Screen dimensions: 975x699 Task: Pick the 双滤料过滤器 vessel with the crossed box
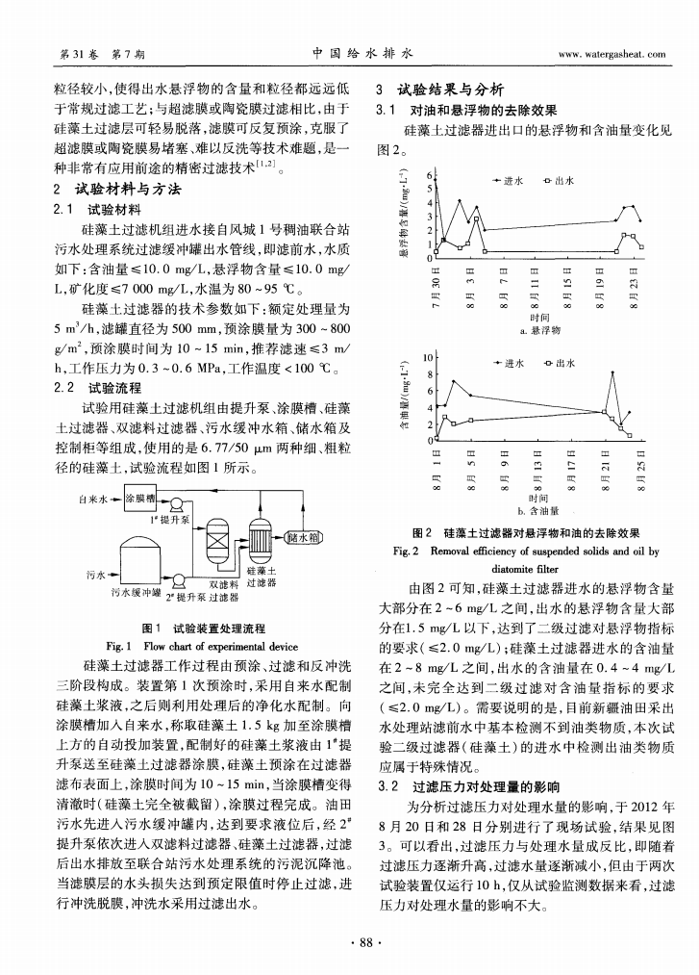click(215, 548)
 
